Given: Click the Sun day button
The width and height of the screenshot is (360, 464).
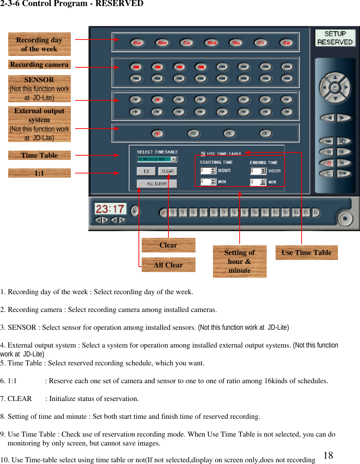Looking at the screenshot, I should (x=137, y=43).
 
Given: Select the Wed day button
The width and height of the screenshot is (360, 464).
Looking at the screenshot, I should (x=212, y=43).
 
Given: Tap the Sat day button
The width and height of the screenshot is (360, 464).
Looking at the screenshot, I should (x=287, y=43).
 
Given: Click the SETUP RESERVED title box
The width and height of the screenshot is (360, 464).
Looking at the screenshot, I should (x=335, y=38).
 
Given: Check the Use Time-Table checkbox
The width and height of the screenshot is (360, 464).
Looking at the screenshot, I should (x=203, y=154).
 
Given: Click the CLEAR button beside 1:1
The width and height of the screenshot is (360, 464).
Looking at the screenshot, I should (x=167, y=171).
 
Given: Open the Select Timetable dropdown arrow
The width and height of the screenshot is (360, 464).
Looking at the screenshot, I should (x=174, y=159).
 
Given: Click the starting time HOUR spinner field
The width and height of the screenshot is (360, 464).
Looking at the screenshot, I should (x=208, y=171).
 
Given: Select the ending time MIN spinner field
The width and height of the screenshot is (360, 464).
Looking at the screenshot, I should (x=258, y=182).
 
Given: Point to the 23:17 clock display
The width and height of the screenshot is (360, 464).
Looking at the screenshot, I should (x=110, y=209).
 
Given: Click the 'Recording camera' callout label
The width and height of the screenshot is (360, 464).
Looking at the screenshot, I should (x=39, y=64).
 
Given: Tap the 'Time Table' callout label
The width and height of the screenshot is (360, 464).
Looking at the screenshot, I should (x=39, y=155).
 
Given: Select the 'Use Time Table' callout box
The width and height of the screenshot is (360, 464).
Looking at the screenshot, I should (x=306, y=252).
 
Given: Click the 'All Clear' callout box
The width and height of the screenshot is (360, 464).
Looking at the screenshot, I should (x=168, y=265).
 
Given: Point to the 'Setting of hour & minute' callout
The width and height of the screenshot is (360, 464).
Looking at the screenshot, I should (x=239, y=261).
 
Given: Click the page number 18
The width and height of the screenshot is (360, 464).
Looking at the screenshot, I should (x=328, y=455).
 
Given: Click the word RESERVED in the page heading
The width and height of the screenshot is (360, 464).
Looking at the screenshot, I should (x=119, y=4).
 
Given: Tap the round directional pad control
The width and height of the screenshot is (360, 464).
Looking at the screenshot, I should (x=335, y=88).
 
